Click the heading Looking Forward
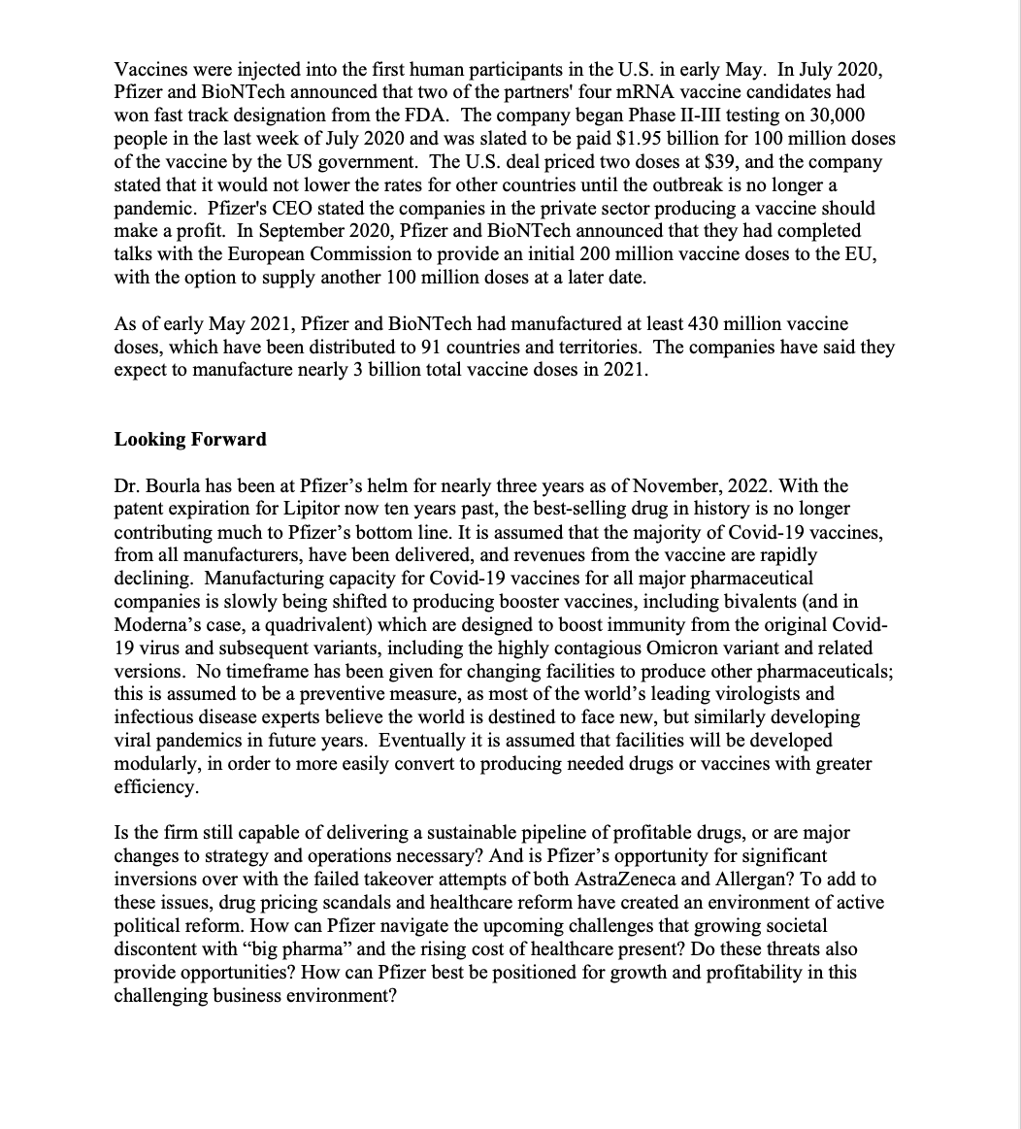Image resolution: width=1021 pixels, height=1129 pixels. click(190, 439)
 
